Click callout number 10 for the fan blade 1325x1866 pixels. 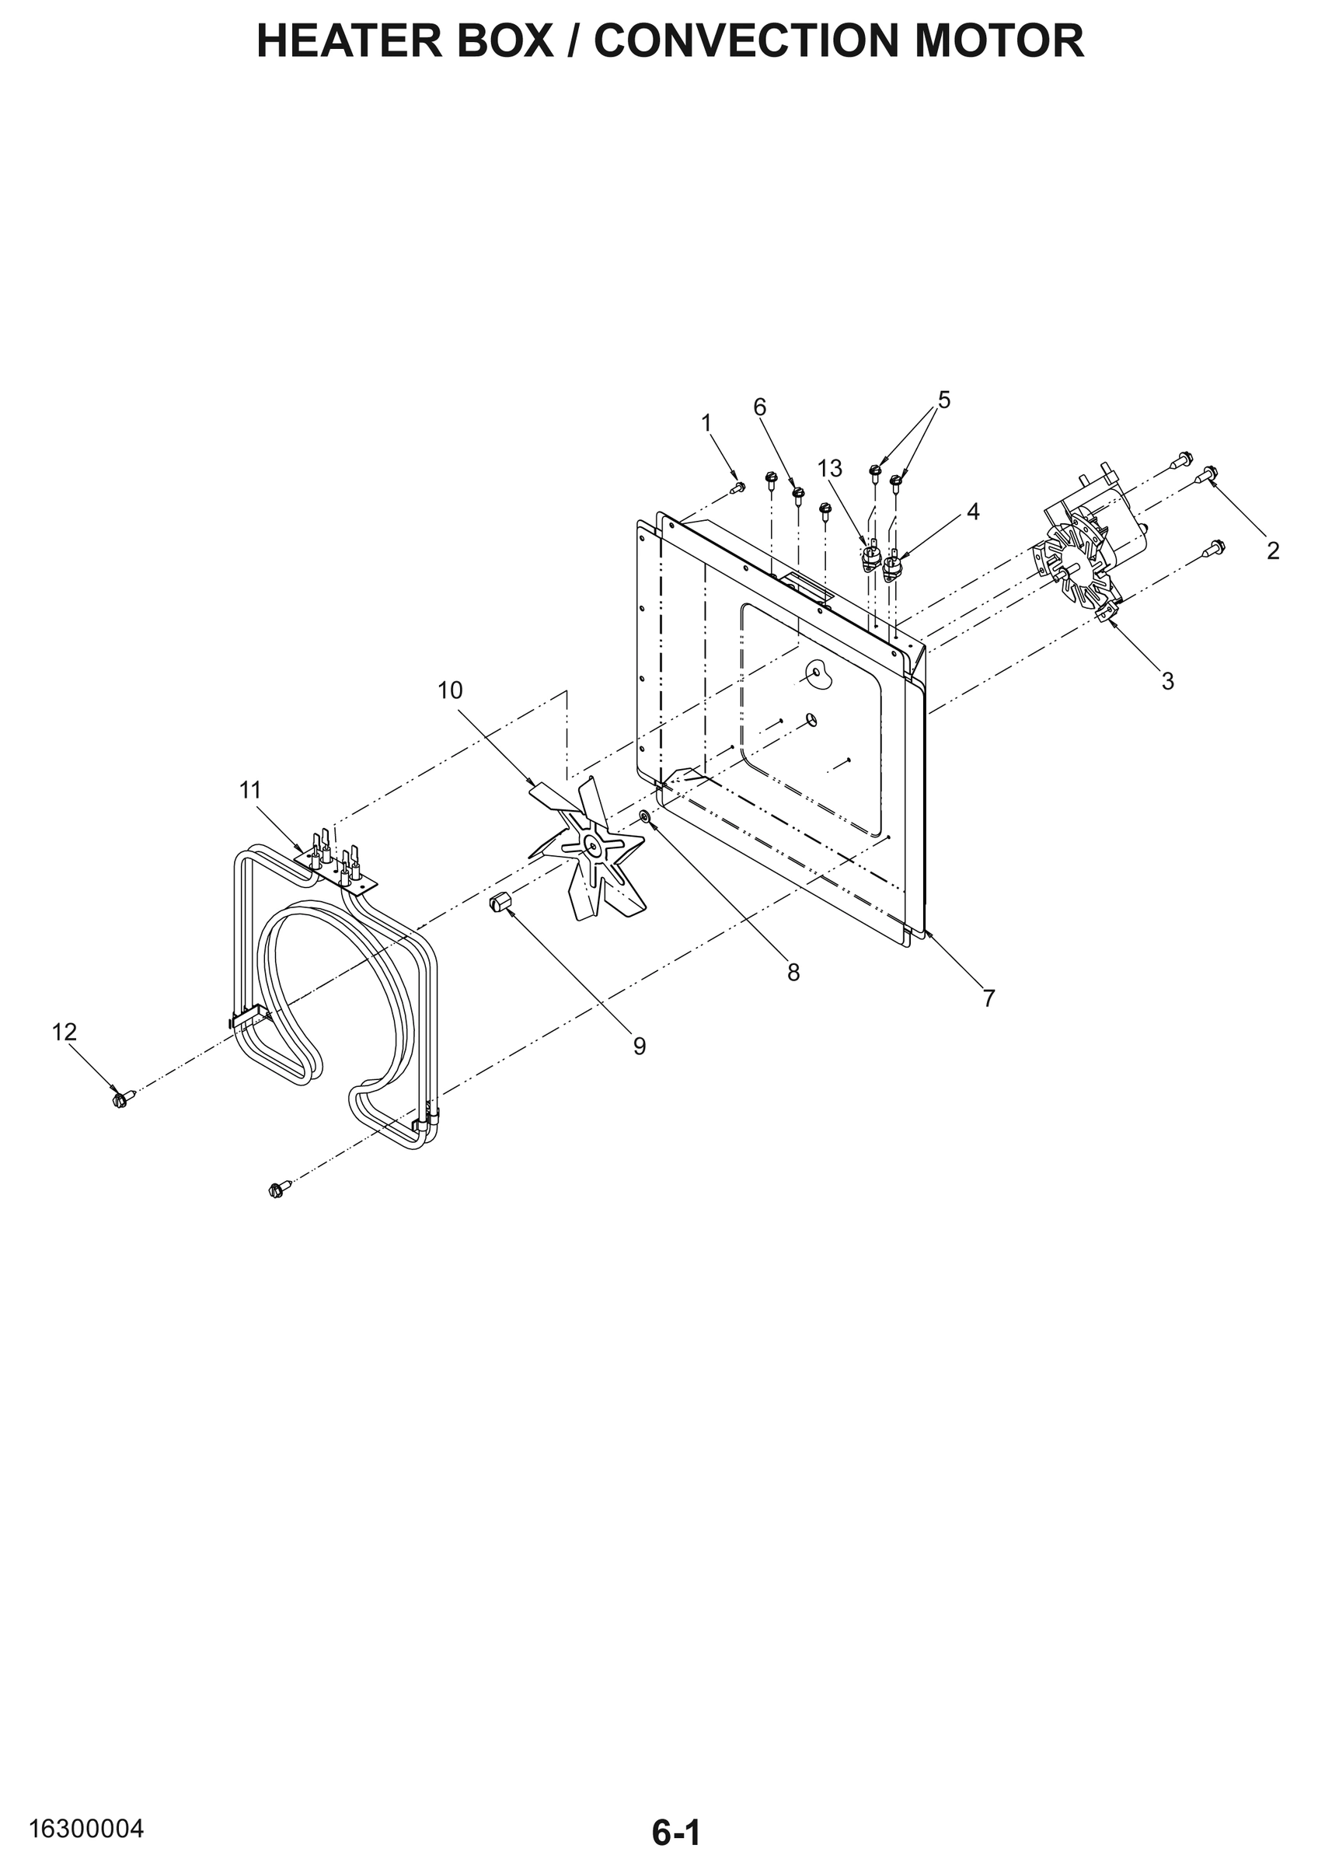pos(449,690)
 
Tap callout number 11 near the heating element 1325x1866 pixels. pos(249,790)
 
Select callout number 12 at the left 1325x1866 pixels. pos(65,1032)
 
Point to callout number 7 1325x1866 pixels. pos(989,998)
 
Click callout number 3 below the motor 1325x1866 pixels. pos(1167,681)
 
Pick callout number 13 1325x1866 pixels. pos(830,469)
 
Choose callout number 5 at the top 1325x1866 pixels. pos(944,400)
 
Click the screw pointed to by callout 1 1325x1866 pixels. pos(738,487)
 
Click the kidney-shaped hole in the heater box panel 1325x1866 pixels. pos(817,675)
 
